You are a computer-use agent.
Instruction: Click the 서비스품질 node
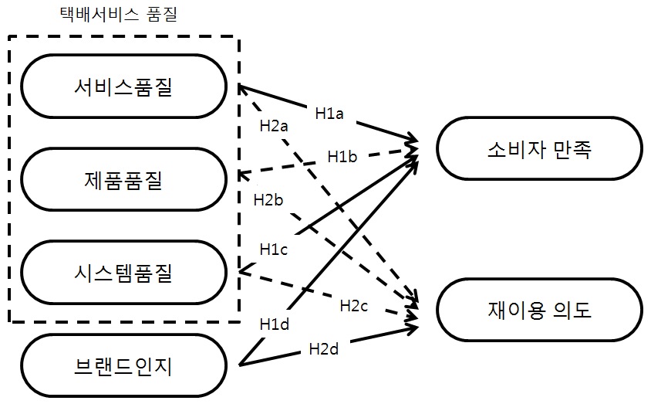[x=123, y=87]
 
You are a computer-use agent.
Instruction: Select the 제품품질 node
[x=123, y=180]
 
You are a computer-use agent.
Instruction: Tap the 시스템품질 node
[x=123, y=272]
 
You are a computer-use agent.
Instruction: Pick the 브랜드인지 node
[x=123, y=365]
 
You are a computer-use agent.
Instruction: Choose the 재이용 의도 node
[x=540, y=311]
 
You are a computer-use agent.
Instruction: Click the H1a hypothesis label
[x=329, y=113]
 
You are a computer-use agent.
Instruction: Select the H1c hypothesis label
[x=274, y=249]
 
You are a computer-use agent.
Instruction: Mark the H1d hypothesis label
[x=274, y=324]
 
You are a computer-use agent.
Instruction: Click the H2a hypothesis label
[x=274, y=127]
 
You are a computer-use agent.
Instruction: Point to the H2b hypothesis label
[x=268, y=199]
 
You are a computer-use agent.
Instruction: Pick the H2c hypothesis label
[x=354, y=305]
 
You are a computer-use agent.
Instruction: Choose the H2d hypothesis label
[x=323, y=348]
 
